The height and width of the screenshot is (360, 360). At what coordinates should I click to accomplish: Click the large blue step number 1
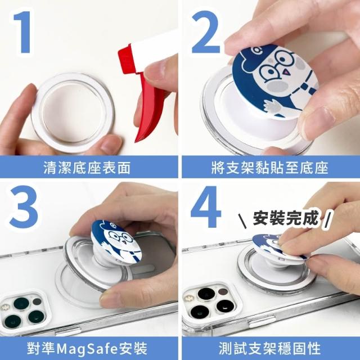click(23, 32)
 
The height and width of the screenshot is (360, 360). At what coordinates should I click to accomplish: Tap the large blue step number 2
click(205, 32)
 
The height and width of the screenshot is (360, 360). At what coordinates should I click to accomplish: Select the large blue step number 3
click(24, 208)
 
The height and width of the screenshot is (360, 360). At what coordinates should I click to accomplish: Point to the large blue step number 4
click(205, 206)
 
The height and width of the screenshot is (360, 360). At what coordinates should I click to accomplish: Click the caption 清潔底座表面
click(87, 167)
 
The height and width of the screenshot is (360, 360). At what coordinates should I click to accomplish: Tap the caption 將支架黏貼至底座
click(269, 167)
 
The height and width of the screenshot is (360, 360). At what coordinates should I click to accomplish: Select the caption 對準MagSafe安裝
click(87, 348)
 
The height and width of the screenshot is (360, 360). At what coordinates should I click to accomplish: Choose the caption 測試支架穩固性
click(269, 348)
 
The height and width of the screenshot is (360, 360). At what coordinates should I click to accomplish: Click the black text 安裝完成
click(286, 217)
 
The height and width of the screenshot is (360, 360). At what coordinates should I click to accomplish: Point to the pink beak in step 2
click(286, 73)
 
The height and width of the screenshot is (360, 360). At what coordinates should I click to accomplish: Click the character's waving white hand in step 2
click(272, 106)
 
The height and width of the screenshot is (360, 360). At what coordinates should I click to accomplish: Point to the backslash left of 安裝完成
click(242, 221)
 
